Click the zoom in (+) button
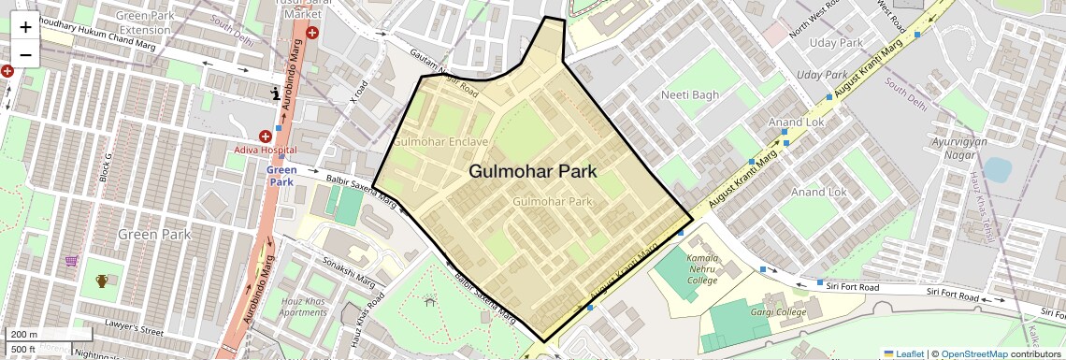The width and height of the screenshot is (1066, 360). point(25,27)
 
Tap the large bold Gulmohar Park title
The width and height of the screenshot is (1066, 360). point(532,172)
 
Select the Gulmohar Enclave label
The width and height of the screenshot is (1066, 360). point(440,142)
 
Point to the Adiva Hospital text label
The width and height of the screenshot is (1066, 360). point(266,150)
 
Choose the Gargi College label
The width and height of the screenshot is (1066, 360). point(777,312)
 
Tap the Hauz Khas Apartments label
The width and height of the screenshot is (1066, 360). point(303,307)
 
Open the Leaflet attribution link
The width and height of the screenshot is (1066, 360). point(903,353)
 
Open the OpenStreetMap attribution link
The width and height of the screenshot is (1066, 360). point(973,353)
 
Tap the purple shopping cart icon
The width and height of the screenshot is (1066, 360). point(72,261)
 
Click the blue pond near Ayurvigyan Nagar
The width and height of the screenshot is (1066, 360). point(997,169)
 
